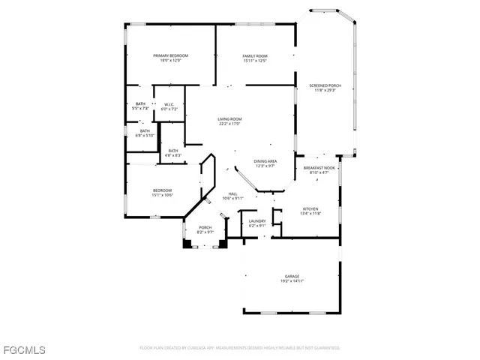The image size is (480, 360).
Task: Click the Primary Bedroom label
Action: (170, 56)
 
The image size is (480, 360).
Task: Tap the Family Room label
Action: (255, 56)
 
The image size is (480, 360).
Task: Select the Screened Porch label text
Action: (325, 86)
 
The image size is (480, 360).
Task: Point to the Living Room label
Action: (229, 119)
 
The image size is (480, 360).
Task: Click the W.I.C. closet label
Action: (169, 105)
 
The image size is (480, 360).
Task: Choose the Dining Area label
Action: (265, 161)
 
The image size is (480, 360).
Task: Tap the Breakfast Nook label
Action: (319, 168)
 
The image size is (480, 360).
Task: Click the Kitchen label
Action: (311, 208)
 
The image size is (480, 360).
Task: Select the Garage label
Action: (292, 276)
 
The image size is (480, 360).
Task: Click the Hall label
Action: (233, 193)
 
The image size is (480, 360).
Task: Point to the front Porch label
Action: (205, 227)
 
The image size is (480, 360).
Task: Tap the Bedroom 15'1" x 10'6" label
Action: (163, 190)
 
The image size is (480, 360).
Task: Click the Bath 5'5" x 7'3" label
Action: (140, 104)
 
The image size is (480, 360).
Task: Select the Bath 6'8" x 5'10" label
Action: (144, 131)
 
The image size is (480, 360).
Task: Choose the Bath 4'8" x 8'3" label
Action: (172, 151)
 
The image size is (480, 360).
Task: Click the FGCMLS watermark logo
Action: (23, 350)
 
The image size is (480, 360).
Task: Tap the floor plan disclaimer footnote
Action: (239, 348)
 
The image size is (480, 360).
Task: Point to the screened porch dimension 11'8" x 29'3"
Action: (325, 91)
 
